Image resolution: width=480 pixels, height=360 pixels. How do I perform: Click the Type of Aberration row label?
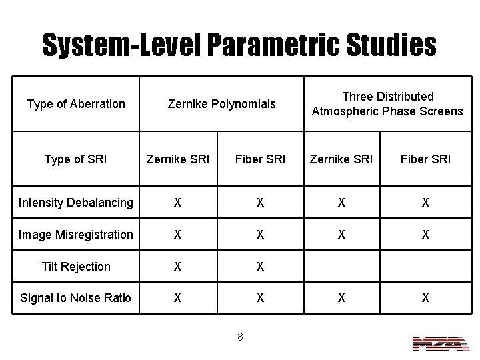[76, 103]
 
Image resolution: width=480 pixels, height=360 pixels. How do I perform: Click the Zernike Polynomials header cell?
[221, 103]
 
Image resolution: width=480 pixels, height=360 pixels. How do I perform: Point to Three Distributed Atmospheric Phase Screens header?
[387, 103]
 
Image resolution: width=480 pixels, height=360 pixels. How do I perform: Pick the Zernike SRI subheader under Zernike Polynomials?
[178, 159]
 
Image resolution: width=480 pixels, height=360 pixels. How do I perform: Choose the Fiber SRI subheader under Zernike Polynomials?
[259, 159]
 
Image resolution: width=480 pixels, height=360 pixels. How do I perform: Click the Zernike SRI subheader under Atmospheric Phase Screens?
[341, 159]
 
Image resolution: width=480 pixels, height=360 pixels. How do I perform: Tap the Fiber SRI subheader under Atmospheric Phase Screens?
[425, 159]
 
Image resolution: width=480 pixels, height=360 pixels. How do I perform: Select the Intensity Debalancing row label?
[76, 202]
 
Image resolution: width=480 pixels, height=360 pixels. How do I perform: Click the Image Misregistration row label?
[76, 234]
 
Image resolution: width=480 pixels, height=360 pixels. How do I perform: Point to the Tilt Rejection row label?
[76, 266]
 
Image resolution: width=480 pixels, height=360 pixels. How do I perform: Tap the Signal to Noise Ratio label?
[76, 298]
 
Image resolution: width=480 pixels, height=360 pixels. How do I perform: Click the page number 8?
[240, 337]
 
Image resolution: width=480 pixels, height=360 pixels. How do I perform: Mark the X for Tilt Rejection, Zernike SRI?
[177, 267]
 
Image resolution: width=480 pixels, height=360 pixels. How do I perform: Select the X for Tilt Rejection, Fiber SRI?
[259, 267]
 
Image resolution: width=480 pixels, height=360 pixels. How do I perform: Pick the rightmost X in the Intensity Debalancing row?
[425, 203]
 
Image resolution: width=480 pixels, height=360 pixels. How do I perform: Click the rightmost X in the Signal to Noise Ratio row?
[425, 299]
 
